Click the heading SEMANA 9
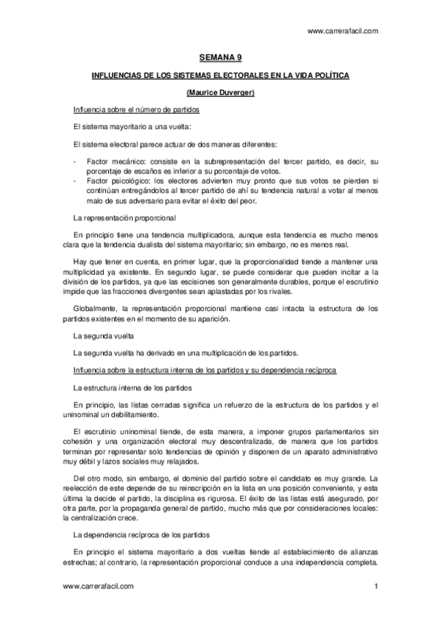[221, 56]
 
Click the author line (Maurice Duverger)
[221, 92]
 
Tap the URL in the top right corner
[342, 31]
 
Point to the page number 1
[375, 586]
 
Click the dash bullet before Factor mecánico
[75, 161]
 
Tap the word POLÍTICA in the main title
[331, 75]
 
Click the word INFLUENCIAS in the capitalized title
[113, 75]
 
